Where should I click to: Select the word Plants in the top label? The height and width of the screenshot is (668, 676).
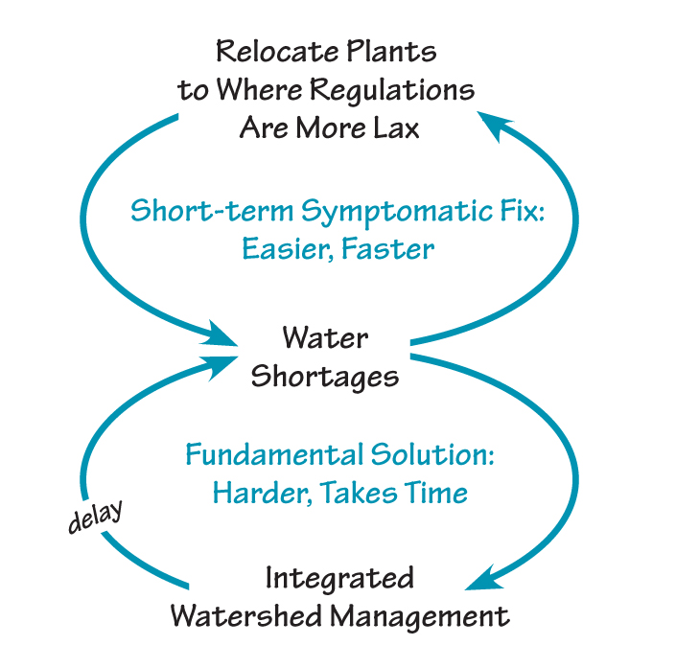click(391, 52)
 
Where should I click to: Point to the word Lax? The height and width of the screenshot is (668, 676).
click(394, 127)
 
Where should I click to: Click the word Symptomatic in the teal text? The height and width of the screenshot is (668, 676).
click(380, 211)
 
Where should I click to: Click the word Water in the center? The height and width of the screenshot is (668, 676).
click(325, 338)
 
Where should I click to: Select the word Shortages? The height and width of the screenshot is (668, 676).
click(325, 377)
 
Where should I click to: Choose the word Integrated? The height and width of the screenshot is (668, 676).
click(339, 579)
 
